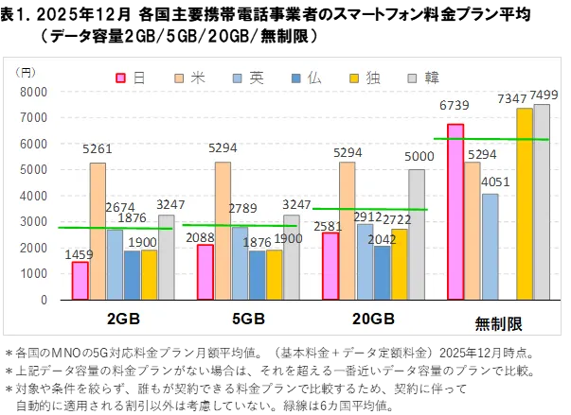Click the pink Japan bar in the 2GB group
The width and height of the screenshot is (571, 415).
click(x=80, y=281)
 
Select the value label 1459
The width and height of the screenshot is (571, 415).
click(x=80, y=254)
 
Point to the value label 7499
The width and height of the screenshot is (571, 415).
click(x=544, y=95)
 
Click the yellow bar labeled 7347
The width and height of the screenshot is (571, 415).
click(x=524, y=203)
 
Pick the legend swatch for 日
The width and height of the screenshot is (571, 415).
click(x=121, y=78)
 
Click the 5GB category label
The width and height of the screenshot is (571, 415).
click(x=248, y=319)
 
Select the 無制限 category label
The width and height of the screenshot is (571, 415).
click(x=498, y=324)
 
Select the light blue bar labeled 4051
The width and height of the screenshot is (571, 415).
click(x=490, y=247)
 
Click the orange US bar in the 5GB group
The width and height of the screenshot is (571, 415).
click(x=223, y=231)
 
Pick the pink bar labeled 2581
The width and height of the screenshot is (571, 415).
click(x=330, y=266)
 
